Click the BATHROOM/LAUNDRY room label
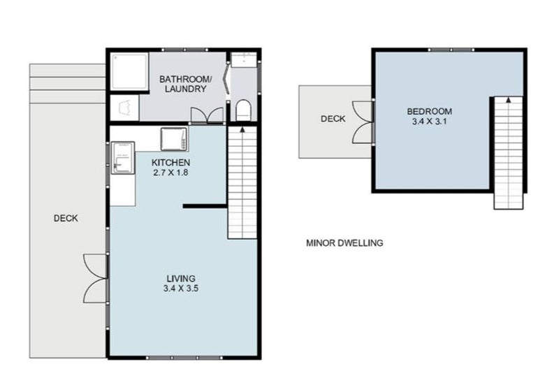tap(182, 84)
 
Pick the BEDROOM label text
tap(429, 111)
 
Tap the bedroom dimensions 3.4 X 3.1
tap(429, 122)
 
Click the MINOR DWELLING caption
tap(344, 244)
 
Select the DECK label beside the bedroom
tap(333, 119)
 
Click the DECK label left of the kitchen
tap(66, 218)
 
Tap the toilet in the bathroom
tap(242, 110)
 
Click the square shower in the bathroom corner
tap(129, 71)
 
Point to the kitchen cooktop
tap(173, 140)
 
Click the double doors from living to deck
tap(95, 278)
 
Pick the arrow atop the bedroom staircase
tap(508, 101)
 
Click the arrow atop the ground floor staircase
tap(242, 129)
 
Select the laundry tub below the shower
tap(124, 108)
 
